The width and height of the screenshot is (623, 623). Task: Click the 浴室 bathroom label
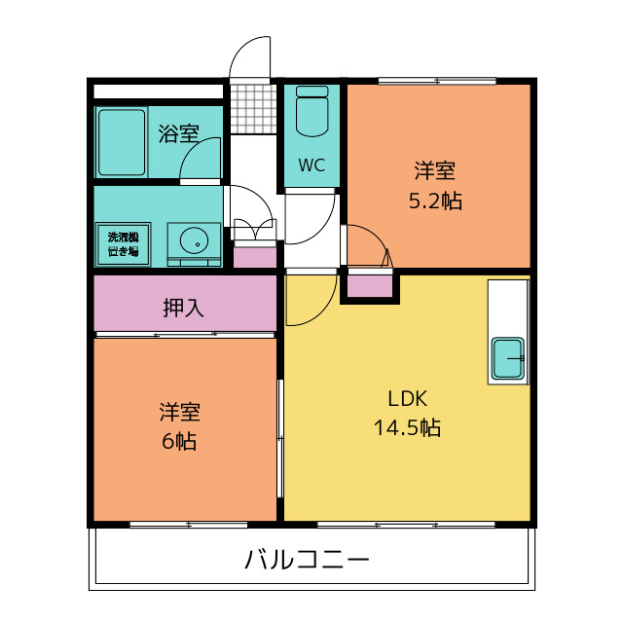pos(179,134)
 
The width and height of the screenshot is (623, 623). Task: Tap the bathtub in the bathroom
pos(121,142)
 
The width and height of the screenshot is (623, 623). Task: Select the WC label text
pos(311,165)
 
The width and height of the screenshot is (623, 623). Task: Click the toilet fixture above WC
pos(312,113)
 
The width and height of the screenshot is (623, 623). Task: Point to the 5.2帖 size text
pos(435,202)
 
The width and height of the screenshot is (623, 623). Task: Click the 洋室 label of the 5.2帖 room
pos(435,172)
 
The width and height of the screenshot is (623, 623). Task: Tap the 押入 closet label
pos(183,309)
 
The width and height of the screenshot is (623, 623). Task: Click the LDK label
pos(407,398)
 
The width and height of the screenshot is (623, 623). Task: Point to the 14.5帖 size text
pos(407,427)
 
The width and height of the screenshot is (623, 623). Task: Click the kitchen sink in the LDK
pos(508,359)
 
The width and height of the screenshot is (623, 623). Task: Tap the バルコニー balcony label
pos(307,561)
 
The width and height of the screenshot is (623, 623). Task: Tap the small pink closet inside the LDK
pos(369,286)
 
